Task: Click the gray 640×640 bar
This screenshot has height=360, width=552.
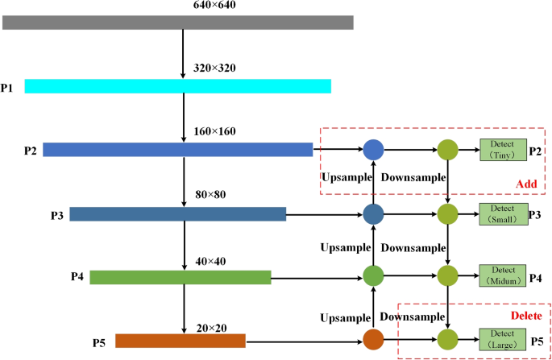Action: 177,22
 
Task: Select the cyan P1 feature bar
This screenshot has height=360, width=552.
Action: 177,85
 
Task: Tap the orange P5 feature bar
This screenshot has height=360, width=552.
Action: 180,341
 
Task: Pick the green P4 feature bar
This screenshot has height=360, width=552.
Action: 180,277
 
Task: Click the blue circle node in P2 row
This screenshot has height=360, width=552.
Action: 372,149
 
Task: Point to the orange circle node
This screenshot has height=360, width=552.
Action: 372,339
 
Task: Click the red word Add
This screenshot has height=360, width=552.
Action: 526,184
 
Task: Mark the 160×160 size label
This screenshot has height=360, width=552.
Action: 214,131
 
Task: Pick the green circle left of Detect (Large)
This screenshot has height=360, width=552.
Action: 447,339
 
